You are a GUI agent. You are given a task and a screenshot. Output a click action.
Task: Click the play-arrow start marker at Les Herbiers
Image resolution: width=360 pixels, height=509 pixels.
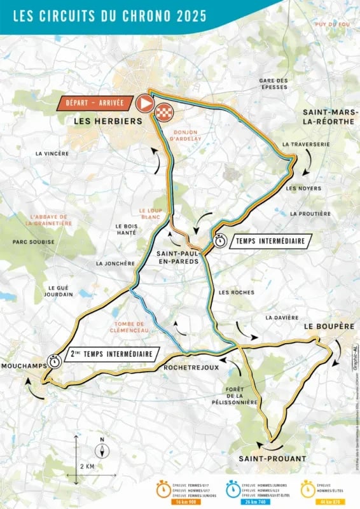(144, 104)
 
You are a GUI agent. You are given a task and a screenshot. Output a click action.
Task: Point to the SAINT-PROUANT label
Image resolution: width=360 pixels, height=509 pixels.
(272, 458)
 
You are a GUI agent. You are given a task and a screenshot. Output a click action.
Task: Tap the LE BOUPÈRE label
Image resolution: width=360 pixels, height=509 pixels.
(328, 326)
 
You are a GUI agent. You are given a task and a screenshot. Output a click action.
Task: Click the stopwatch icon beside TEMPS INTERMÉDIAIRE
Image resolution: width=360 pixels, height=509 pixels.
(221, 241)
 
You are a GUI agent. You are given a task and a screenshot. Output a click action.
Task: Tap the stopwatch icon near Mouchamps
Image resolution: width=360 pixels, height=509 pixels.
(55, 359)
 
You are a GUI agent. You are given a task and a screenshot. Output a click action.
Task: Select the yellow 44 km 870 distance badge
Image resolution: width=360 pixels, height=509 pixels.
(329, 502)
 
